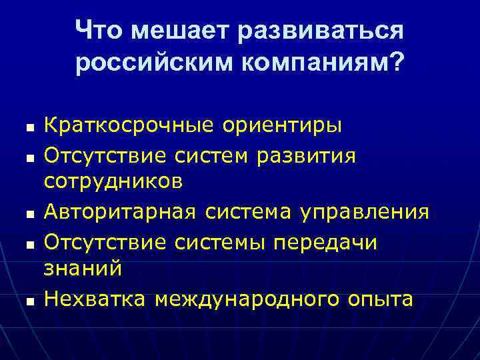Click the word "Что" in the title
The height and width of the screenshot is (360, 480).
pyautogui.click(x=99, y=30)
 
